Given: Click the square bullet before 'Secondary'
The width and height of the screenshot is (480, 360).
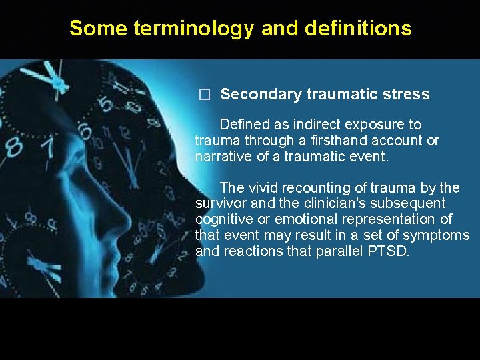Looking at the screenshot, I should coord(205,95).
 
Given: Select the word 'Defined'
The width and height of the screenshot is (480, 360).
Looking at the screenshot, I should coord(244,125).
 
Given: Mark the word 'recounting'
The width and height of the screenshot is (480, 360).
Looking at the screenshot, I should coord(315,187).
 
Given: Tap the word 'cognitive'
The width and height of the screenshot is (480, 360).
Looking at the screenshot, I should coord(223,219).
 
